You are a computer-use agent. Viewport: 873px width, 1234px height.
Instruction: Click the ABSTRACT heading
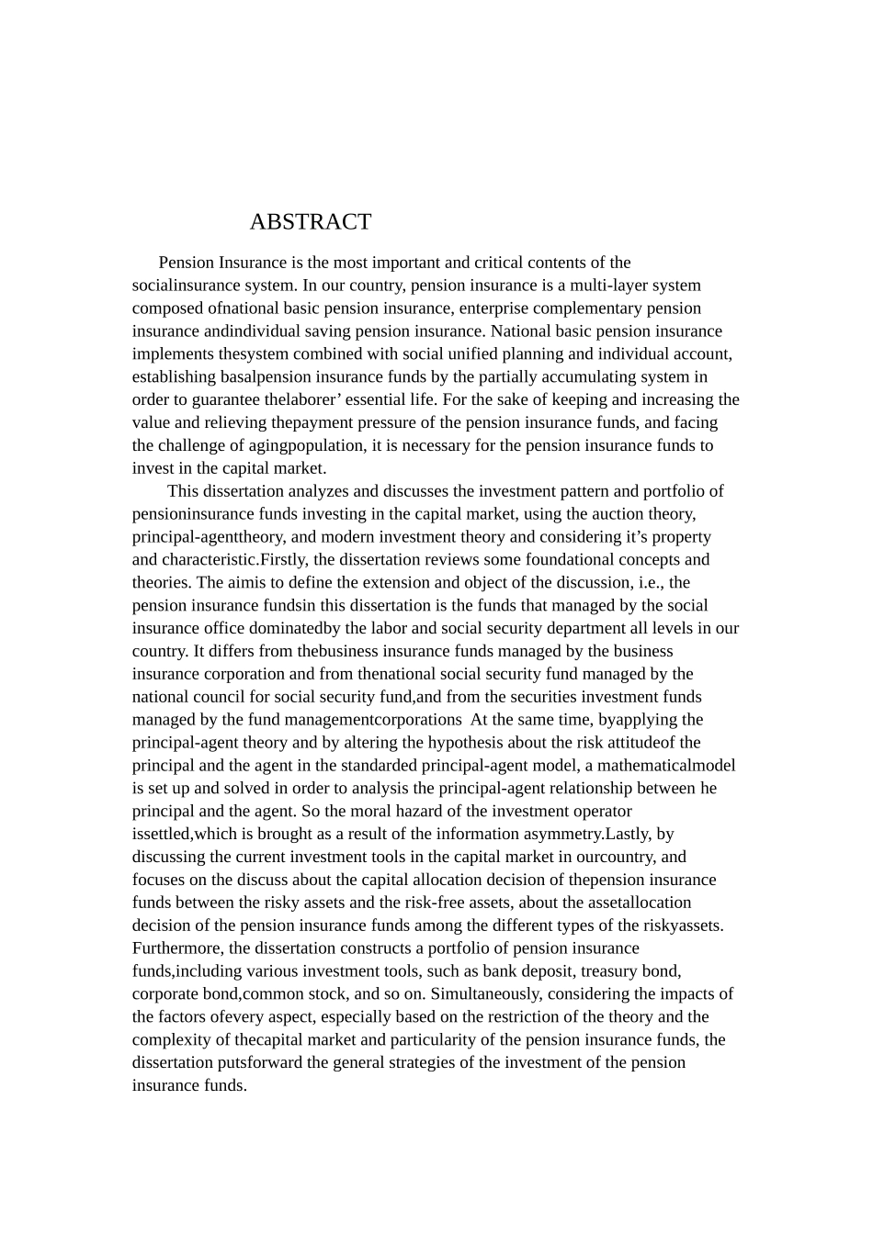(311, 222)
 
